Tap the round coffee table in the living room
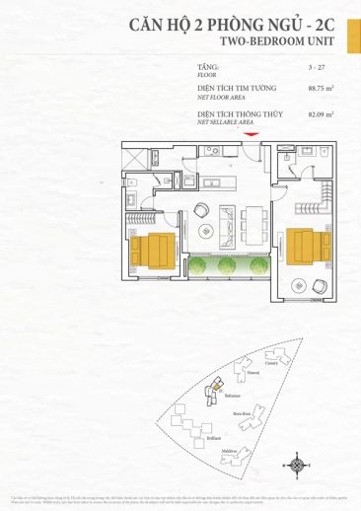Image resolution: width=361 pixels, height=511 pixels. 206,230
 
